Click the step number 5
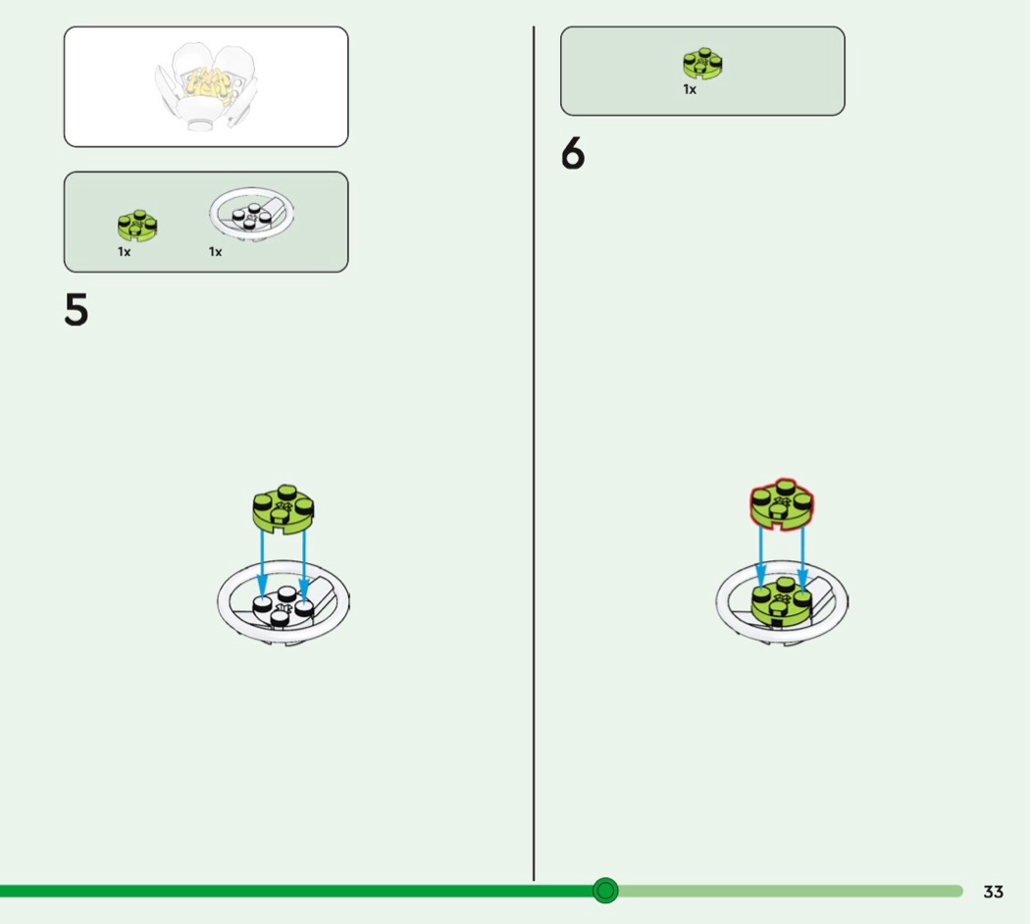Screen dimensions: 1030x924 (77, 309)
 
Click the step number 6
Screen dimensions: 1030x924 (573, 153)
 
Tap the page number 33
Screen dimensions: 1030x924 (993, 892)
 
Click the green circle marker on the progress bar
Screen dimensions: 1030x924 (605, 891)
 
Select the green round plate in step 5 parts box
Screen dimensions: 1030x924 (137, 226)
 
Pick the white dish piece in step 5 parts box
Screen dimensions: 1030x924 (251, 214)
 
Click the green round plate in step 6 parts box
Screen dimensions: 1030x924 (702, 64)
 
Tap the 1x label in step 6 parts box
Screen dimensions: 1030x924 (690, 89)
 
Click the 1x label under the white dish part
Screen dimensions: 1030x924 (216, 251)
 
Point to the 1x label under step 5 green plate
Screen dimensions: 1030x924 (125, 251)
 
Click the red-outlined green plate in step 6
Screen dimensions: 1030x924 (782, 504)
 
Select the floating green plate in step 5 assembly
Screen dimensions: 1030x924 (283, 509)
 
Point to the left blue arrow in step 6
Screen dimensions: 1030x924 (760, 557)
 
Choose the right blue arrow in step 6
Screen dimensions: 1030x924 (802, 557)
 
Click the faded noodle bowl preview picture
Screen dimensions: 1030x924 (206, 86)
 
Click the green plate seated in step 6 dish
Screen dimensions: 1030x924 (781, 601)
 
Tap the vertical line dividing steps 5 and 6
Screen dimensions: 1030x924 (534, 453)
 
